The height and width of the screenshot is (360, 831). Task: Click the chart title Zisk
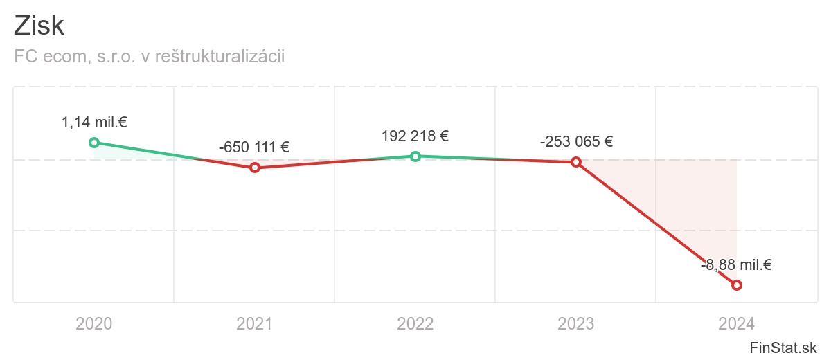coord(39,26)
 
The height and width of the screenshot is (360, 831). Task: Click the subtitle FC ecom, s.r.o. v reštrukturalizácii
coord(149,57)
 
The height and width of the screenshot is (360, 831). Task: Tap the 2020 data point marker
coord(94,143)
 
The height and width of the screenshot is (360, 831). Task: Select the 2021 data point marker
coord(255,168)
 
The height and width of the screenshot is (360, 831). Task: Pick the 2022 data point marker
coord(415,156)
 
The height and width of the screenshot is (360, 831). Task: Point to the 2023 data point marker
coord(576,162)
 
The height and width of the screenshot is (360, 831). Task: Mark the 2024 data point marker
coord(737,285)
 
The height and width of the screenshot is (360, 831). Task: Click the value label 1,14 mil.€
coord(94,123)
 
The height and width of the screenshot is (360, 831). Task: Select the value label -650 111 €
coord(254,147)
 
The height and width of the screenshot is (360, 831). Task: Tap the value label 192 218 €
coord(415,136)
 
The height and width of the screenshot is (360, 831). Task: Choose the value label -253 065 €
coord(576,142)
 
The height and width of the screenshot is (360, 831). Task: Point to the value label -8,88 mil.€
coord(736,264)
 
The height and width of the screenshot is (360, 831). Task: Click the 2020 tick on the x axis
coord(94,323)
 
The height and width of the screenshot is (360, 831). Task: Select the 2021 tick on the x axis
coord(255,323)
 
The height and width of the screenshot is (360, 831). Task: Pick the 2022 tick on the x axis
coord(415,323)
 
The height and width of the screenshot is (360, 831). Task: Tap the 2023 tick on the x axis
coord(576,323)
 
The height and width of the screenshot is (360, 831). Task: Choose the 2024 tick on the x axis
coord(737,323)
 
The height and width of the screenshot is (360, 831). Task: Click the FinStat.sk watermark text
coord(783,348)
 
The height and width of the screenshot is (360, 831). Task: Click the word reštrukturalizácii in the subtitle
coord(220,57)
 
